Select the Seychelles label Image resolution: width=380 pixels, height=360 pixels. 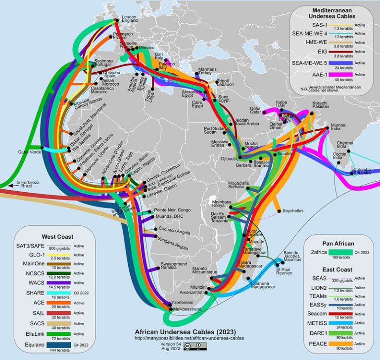[293, 210]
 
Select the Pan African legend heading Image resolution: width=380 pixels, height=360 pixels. [338, 244]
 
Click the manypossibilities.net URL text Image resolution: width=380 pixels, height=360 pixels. [186, 338]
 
